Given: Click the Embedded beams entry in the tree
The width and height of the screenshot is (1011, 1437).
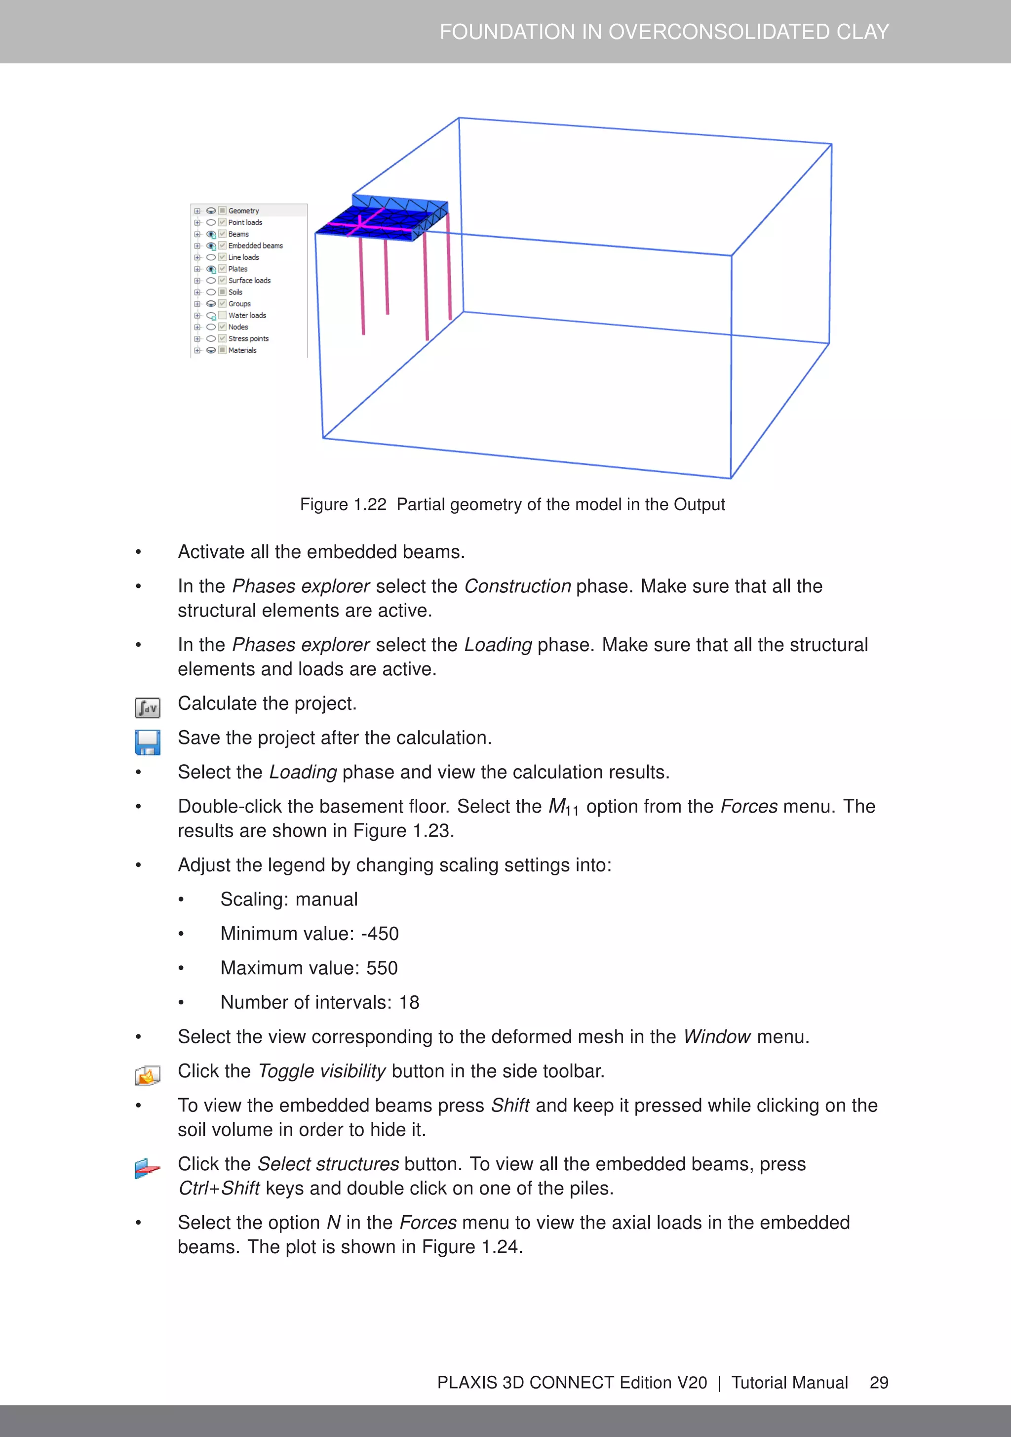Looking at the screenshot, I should click(255, 246).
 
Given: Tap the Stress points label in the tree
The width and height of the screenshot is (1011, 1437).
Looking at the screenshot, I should click(248, 338).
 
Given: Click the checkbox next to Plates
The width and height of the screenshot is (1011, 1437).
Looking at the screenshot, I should click(222, 269).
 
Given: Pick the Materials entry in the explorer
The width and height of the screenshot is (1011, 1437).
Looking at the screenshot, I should click(242, 351).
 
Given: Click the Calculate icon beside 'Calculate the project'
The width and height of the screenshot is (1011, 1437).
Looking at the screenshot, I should click(147, 708).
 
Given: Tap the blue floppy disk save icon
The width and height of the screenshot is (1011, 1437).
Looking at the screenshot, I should click(147, 742).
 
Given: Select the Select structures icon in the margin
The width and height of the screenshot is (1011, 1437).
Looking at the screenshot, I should click(147, 1168).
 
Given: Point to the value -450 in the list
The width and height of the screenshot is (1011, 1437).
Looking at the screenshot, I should click(380, 934).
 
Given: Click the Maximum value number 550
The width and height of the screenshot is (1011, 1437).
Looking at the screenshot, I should click(382, 968).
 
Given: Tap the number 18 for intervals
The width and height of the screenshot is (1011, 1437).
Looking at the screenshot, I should click(409, 1003).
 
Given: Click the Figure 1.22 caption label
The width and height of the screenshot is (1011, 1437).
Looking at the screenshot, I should click(343, 504).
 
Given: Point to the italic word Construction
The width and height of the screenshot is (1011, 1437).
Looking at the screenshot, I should click(517, 586).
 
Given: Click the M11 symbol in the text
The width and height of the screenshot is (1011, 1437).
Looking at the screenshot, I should click(563, 807).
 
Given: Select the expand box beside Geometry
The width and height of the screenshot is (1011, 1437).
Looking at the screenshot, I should click(197, 211).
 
